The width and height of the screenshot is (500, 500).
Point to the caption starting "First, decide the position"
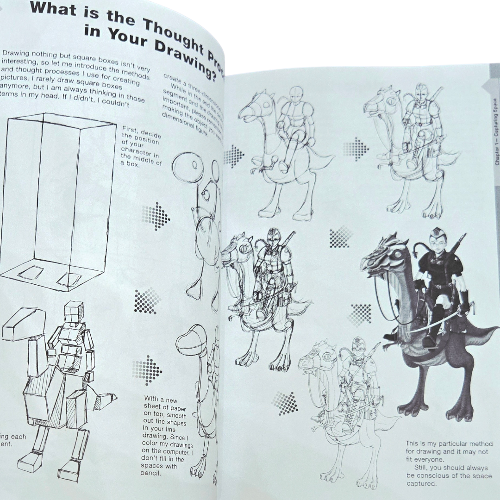click(141, 146)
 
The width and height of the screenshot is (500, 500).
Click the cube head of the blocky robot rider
click(74, 312)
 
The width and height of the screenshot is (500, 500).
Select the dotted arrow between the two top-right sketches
click(356, 149)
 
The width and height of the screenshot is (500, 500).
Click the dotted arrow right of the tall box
click(156, 216)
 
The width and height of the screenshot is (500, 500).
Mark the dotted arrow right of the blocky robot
click(147, 370)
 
